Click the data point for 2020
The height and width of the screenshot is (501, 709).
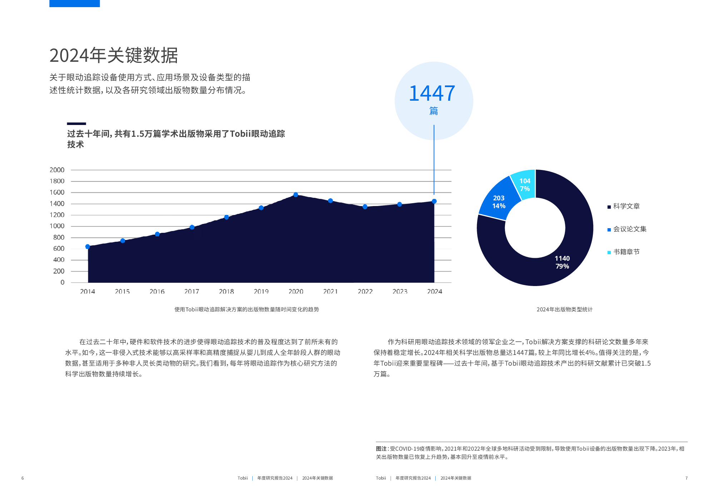click(x=296, y=195)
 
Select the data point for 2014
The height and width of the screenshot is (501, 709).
click(x=88, y=246)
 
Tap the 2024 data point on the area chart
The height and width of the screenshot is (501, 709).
click(x=434, y=201)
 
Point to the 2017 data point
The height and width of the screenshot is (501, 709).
click(x=192, y=227)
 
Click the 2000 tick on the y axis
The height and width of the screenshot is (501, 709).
click(x=57, y=170)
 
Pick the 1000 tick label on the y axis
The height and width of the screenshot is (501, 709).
click(x=57, y=226)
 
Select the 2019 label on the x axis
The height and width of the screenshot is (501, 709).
click(x=261, y=292)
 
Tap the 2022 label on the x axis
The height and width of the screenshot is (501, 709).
click(x=365, y=292)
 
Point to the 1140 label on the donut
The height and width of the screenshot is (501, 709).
click(x=562, y=259)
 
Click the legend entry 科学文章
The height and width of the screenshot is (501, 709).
click(x=626, y=206)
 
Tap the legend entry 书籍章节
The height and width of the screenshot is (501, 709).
click(x=626, y=252)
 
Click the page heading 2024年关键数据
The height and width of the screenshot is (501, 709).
click(x=114, y=56)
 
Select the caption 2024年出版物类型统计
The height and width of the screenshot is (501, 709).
click(x=564, y=310)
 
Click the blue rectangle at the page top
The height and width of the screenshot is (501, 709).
click(x=74, y=3)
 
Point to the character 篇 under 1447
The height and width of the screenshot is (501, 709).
click(x=433, y=111)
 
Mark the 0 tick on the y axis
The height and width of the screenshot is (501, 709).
click(x=63, y=282)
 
